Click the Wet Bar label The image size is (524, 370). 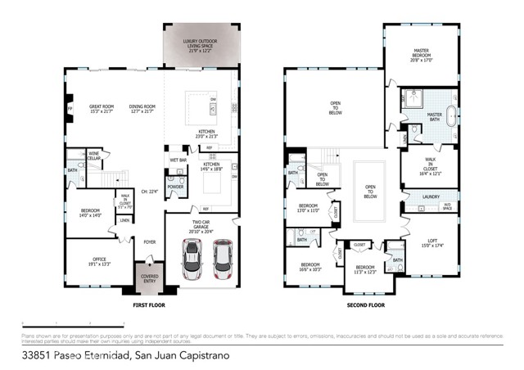[x=178, y=160]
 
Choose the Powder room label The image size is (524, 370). [x=176, y=186]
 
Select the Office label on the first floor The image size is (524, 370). [x=97, y=262]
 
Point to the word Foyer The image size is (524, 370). [x=150, y=242]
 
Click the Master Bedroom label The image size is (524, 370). [x=421, y=55]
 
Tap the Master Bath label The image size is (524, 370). [x=435, y=115]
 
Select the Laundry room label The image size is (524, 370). [x=431, y=196]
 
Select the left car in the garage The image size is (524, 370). [x=190, y=260]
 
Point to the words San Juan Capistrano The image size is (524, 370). [x=186, y=356]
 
